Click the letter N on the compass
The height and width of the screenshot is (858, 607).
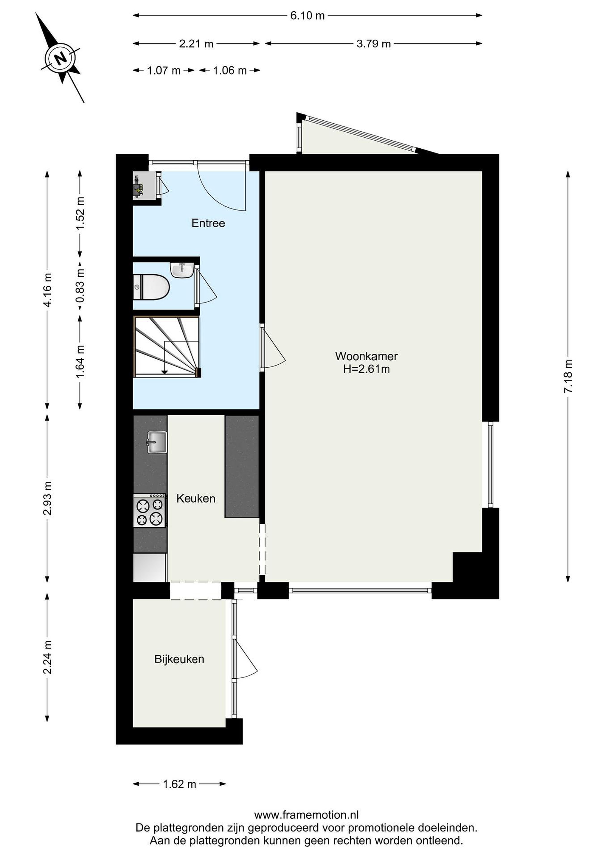click(x=60, y=58)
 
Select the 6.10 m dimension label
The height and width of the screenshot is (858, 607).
click(x=307, y=16)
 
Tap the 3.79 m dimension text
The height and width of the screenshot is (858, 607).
click(x=373, y=44)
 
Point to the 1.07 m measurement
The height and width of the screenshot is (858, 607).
click(x=164, y=70)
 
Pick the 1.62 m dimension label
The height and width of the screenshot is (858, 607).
click(x=179, y=784)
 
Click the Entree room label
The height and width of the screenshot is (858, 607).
click(x=208, y=223)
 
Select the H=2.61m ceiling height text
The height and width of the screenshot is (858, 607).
click(x=366, y=369)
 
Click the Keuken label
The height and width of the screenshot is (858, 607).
click(x=196, y=498)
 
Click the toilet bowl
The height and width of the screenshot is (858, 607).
click(x=151, y=287)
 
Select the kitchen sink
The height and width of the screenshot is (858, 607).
click(x=157, y=442)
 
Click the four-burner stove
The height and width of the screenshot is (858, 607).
click(x=150, y=510)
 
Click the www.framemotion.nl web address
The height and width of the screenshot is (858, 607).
click(x=307, y=814)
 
